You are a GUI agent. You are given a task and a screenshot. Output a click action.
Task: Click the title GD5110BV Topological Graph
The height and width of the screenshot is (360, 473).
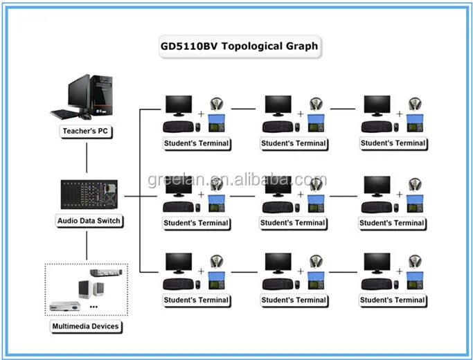click(x=236, y=47)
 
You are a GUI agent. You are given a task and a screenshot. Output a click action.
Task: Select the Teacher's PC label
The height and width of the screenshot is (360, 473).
click(x=87, y=130)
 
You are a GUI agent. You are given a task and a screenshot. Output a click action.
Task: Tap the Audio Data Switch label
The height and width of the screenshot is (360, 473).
click(x=89, y=221)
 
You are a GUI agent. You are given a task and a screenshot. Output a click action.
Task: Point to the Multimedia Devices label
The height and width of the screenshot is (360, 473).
click(x=86, y=325)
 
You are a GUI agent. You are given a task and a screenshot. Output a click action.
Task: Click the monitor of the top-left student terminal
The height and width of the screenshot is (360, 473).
click(x=179, y=105)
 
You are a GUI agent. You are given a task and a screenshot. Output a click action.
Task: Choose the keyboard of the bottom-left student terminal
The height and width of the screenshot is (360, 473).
click(x=178, y=283)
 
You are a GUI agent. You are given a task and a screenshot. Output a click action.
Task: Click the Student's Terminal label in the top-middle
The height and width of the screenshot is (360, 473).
click(x=294, y=143)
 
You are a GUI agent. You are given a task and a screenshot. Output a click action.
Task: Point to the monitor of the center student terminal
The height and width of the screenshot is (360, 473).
click(x=278, y=186)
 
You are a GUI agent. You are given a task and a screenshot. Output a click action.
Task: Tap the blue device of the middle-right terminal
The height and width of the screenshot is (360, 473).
click(x=415, y=204)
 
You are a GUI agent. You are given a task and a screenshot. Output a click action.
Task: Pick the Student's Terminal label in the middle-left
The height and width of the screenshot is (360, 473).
click(x=195, y=223)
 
